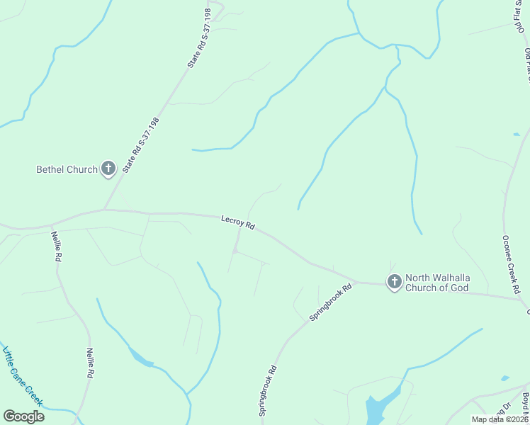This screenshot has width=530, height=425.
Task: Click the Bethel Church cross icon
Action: [108, 169]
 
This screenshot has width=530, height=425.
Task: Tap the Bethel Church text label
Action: [67, 169]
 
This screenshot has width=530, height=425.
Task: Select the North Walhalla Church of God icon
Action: [394, 282]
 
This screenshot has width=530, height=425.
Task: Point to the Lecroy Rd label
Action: [237, 223]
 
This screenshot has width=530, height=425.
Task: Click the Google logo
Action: [23, 416]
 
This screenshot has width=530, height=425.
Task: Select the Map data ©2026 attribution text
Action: [499, 419]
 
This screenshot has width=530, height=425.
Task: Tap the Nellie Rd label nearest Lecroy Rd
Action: [56, 246]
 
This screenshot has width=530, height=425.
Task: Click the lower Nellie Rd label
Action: [89, 363]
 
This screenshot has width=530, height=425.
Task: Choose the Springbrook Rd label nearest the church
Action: [332, 302]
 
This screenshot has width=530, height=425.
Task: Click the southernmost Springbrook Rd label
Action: [267, 390]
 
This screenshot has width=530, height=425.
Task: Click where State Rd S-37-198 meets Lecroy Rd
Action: [105, 210]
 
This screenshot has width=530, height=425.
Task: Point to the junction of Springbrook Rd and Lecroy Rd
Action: [355, 282]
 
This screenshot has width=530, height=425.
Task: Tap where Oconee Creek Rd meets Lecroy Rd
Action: [523, 299]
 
